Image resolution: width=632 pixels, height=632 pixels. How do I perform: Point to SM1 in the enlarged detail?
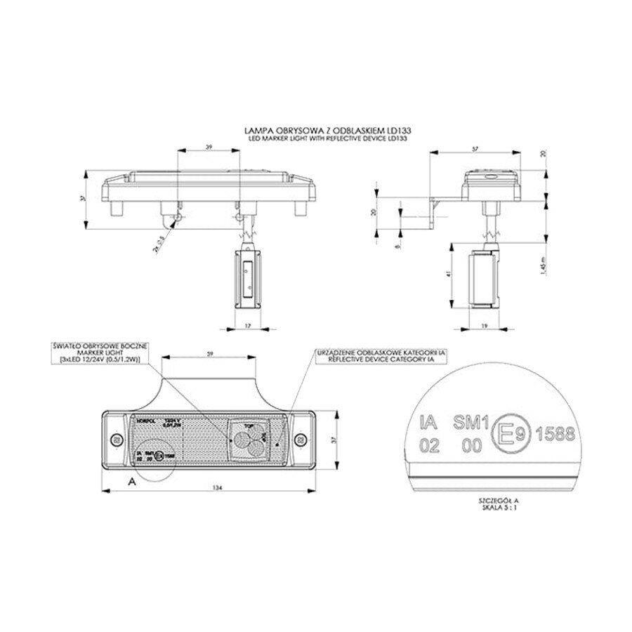tap(469, 421)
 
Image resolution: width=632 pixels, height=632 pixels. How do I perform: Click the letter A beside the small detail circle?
tap(131, 481)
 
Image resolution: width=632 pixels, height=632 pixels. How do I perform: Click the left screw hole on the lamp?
tap(117, 440)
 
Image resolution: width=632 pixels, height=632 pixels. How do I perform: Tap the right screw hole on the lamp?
tap(301, 440)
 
